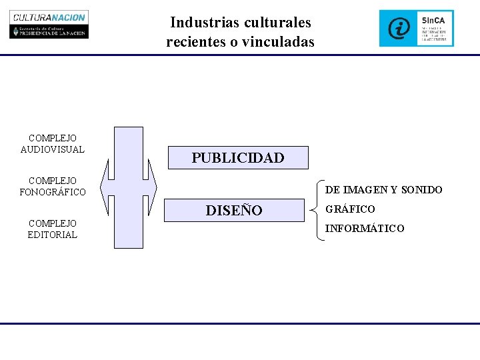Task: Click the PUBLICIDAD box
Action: [238, 158]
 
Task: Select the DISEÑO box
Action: [234, 211]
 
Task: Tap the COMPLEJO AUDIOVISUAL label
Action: [53, 144]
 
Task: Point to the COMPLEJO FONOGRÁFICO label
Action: [53, 187]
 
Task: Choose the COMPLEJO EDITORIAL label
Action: [53, 229]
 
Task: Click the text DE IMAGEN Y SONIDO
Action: [383, 190]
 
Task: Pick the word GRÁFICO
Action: [350, 209]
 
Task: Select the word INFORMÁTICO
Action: [364, 229]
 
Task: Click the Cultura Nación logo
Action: [49, 25]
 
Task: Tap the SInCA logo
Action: [417, 28]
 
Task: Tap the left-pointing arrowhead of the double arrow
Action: [105, 187]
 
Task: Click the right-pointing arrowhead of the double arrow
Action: [151, 187]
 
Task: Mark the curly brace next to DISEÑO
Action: [316, 209]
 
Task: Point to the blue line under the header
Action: [240, 55]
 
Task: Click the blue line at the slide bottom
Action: [240, 324]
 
